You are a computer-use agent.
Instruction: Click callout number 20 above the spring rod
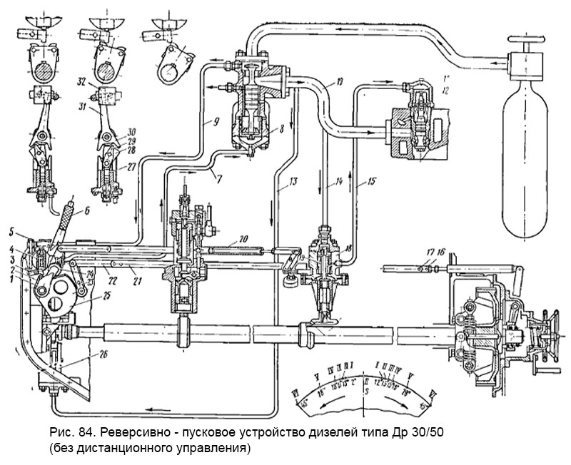pyautogui.click(x=243, y=237)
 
